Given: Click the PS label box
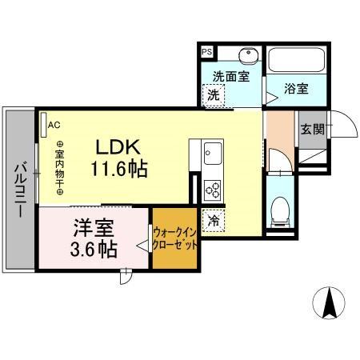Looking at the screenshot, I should [x=206, y=52].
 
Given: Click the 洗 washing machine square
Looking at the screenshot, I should [x=214, y=94].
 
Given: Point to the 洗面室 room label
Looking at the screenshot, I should [x=231, y=77].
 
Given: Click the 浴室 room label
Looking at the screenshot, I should [x=297, y=89].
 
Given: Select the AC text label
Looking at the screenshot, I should [x=54, y=125].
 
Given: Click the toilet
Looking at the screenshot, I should [x=280, y=212].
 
